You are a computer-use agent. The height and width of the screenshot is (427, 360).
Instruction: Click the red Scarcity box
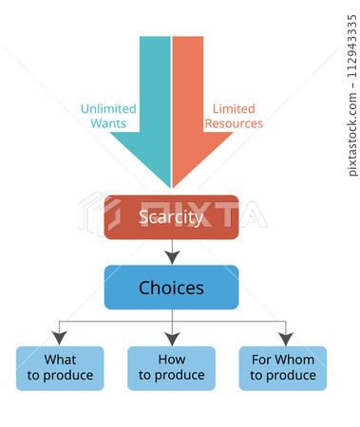(171, 217)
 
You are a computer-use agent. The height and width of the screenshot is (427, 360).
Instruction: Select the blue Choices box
(171, 287)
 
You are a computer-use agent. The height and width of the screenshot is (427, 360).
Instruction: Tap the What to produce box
(60, 368)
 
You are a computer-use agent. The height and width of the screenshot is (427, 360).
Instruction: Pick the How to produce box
(171, 368)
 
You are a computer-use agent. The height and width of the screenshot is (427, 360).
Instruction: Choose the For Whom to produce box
(283, 368)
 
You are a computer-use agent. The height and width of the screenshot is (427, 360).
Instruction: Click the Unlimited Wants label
(107, 116)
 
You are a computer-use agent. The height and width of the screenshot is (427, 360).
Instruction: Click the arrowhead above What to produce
(60, 338)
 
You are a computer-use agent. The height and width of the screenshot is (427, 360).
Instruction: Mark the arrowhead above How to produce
(171, 338)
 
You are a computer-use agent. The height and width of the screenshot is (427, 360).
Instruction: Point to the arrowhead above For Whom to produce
(284, 338)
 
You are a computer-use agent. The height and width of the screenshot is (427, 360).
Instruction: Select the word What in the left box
(60, 361)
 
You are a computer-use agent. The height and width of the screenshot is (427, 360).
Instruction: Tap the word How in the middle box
(171, 361)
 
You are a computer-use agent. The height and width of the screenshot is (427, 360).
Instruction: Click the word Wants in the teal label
(109, 123)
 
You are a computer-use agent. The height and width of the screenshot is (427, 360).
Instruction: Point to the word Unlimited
(107, 108)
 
